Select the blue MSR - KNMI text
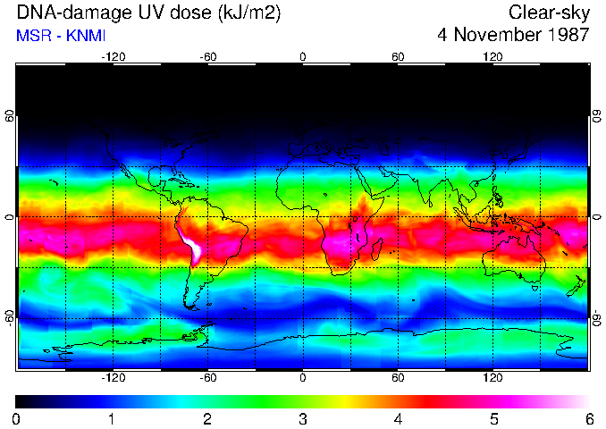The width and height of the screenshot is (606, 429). pos(61,36)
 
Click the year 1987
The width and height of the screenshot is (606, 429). pos(568,36)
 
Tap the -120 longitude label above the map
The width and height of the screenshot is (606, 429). pos(114,57)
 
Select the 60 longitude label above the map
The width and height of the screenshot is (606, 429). pos(398,57)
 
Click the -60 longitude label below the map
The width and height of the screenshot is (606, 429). pos(208,377)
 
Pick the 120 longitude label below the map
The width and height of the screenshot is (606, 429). pos(492,377)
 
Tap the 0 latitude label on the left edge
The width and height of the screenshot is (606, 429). pos(10,217)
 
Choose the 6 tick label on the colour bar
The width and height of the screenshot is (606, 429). pos(589,418)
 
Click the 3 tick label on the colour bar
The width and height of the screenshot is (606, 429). pos(303,418)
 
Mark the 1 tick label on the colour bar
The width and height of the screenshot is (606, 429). pos(112,418)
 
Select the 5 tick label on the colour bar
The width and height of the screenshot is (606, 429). pos(493,418)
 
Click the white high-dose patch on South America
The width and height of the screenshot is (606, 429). pos(190,248)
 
